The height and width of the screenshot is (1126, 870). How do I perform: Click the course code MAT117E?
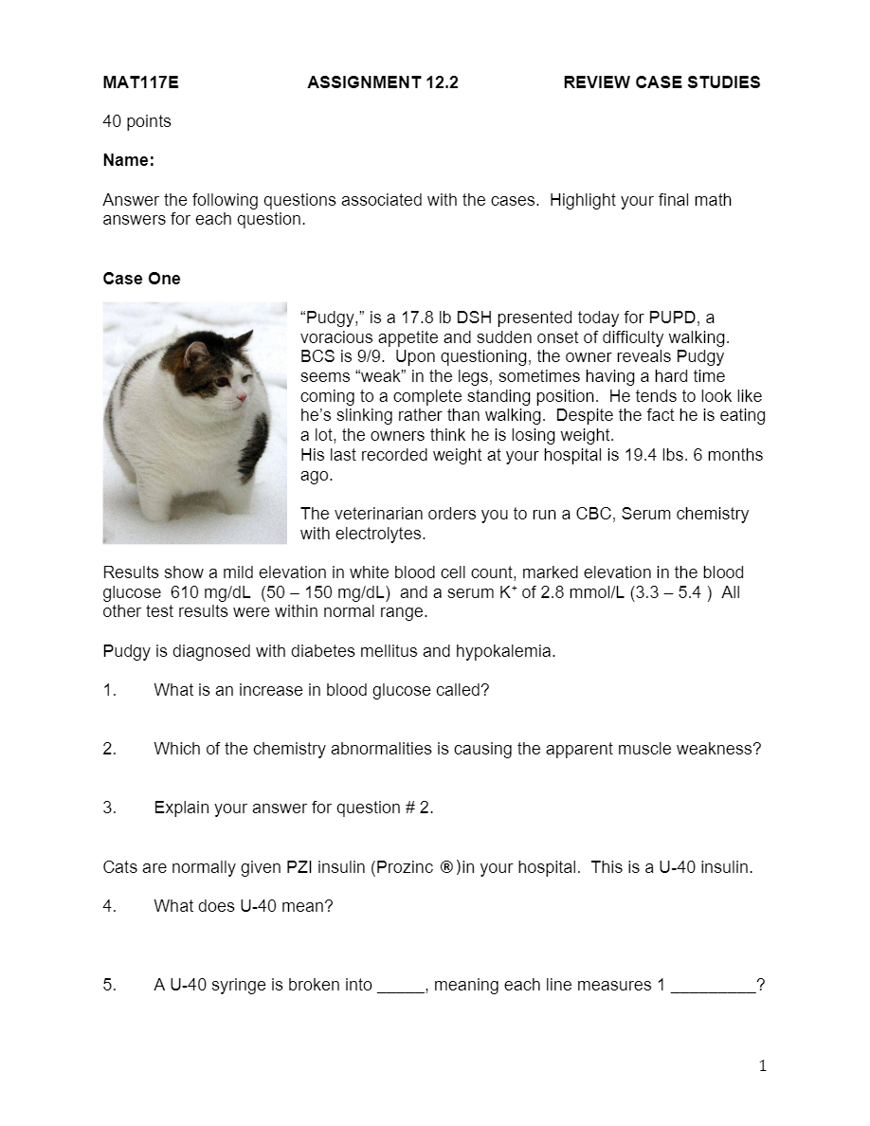point(140,82)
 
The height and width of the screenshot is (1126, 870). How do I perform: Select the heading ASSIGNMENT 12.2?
point(383,82)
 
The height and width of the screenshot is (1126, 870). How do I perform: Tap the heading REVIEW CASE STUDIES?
point(662,82)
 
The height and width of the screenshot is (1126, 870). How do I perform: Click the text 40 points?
point(136,121)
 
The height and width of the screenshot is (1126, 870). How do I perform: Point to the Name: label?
point(128,160)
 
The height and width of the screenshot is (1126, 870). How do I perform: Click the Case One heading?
point(141,279)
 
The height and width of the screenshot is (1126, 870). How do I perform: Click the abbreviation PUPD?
point(672,318)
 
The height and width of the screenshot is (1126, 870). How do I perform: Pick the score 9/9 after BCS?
point(358,357)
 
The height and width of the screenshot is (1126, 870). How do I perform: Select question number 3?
point(109,808)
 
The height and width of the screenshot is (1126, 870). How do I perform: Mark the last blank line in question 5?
point(713,986)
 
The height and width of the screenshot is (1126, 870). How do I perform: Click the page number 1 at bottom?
point(763,1066)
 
